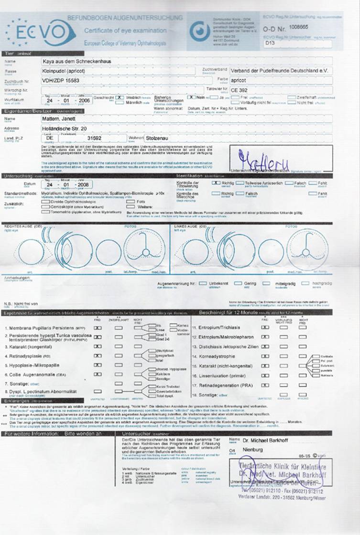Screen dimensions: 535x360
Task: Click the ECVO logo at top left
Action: pos(41,32)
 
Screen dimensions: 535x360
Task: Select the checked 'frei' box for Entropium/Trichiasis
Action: pos(265,328)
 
